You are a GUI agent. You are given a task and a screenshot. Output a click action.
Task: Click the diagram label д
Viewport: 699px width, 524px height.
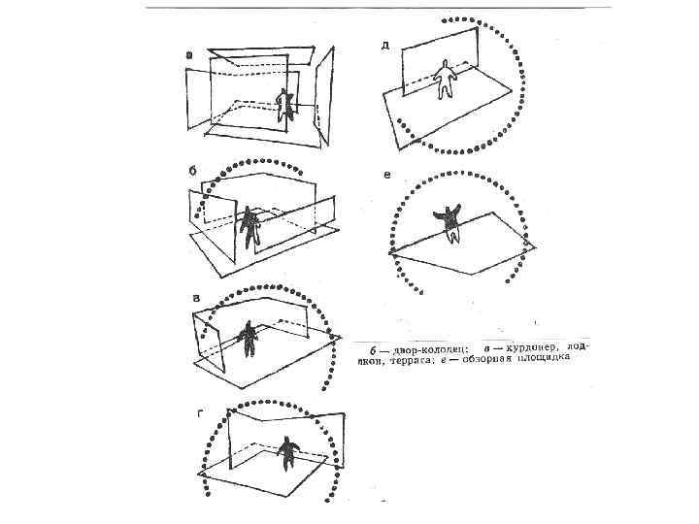(x=385, y=46)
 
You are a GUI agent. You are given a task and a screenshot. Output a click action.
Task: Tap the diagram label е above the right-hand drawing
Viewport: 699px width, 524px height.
(x=387, y=176)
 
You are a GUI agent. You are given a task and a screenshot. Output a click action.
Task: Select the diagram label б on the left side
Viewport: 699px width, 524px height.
(x=193, y=169)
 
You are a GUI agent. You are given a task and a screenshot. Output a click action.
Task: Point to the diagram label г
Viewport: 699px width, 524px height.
(x=200, y=413)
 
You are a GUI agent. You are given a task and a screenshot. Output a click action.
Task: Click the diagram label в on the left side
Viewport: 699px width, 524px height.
(x=196, y=297)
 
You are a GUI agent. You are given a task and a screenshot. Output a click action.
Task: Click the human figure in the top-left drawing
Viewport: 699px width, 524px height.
(x=284, y=105)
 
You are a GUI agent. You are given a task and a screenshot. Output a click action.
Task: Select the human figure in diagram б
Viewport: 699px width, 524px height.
(x=251, y=227)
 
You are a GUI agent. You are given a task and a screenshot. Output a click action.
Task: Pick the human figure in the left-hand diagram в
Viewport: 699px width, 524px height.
(x=249, y=338)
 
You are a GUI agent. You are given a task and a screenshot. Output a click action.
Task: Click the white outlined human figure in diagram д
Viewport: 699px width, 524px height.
(x=446, y=77)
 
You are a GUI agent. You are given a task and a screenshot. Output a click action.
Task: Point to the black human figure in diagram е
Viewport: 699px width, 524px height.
(x=450, y=221)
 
